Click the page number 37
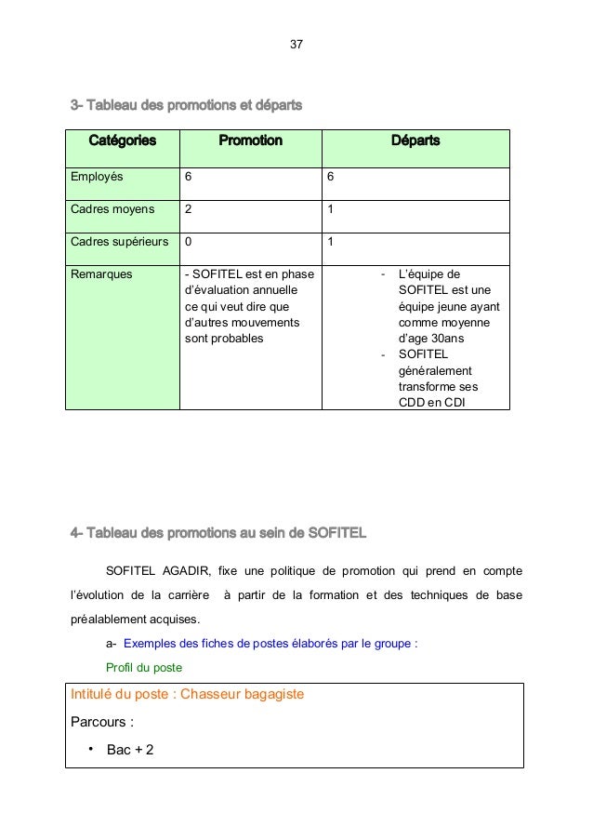point(296,45)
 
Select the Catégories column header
point(122,140)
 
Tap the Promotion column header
point(250,140)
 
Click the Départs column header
point(415,140)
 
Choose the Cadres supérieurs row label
point(120,242)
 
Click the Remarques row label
point(101,274)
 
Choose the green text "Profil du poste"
point(144,667)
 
